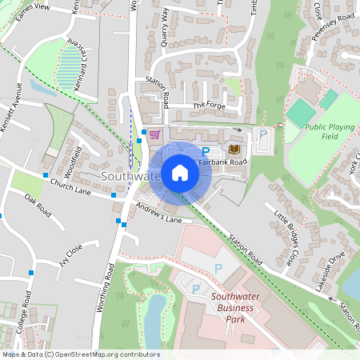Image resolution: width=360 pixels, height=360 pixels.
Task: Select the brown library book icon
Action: [x=234, y=150]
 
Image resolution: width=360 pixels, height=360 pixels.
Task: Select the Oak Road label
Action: [x=37, y=205]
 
